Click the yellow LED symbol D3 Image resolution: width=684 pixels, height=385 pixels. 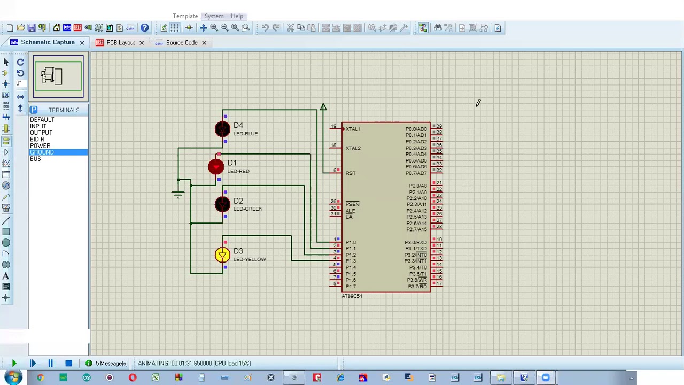point(222,255)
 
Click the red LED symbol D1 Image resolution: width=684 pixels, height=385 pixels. point(216,167)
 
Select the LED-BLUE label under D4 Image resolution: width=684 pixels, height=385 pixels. point(245,134)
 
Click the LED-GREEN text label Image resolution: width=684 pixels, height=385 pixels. point(247,209)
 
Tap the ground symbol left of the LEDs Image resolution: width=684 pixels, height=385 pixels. point(178,195)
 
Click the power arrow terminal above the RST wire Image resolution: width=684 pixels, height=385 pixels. point(323,107)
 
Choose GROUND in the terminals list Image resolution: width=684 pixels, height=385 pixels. point(42,152)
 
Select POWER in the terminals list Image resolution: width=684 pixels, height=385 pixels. point(40,146)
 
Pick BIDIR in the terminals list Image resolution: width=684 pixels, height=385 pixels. point(37,140)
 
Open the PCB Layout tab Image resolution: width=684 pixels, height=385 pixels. point(120,42)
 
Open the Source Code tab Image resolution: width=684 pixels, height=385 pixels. point(181,42)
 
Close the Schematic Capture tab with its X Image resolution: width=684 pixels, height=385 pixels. point(82,42)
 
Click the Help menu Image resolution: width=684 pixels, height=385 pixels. point(237,16)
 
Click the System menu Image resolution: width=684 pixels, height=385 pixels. point(214,16)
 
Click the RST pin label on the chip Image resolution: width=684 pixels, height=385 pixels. point(350,173)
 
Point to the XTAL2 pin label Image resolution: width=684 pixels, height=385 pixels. point(353,148)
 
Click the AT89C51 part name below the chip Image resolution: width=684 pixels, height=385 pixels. point(352,296)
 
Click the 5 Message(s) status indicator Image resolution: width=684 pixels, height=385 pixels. point(111,364)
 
